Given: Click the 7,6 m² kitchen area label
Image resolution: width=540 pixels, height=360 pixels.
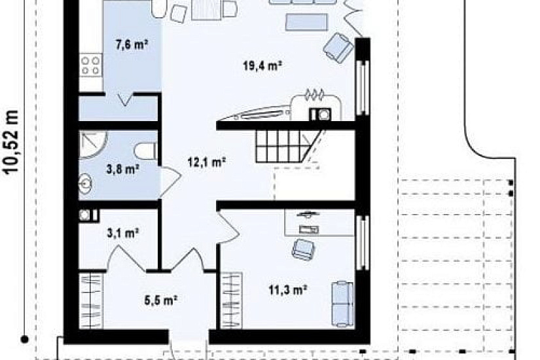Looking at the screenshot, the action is click(132, 45).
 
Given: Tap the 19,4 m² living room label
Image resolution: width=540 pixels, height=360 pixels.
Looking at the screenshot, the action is click(262, 65).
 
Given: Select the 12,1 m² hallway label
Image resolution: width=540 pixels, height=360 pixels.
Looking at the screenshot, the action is click(207, 162).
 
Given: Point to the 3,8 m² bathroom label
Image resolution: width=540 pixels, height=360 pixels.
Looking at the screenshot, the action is click(123, 169).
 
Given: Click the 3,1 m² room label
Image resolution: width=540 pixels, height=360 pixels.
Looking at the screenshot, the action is click(123, 233).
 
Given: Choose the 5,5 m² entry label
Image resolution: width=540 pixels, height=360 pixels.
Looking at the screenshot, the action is click(161, 300).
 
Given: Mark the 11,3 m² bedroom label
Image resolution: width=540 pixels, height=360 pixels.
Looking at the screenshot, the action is click(288, 290).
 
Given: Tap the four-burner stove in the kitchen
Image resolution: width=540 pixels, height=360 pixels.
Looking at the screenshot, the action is click(90, 66).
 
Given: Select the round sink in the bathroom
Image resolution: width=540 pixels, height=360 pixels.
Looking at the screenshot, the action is click(85, 183).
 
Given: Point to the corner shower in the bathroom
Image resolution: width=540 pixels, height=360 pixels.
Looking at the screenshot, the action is click(93, 145).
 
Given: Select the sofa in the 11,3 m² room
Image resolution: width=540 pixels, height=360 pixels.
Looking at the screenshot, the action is click(342, 304).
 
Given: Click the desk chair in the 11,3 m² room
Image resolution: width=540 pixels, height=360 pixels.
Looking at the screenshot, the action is click(303, 249).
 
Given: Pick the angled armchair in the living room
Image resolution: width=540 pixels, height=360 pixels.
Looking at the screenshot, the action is click(338, 48).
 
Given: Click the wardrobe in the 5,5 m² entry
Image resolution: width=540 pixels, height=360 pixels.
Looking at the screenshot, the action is click(91, 300).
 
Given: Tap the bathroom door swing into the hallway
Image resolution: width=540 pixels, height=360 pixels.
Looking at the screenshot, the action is click(170, 182).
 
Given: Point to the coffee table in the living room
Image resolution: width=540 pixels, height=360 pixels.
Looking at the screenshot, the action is click(306, 22).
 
